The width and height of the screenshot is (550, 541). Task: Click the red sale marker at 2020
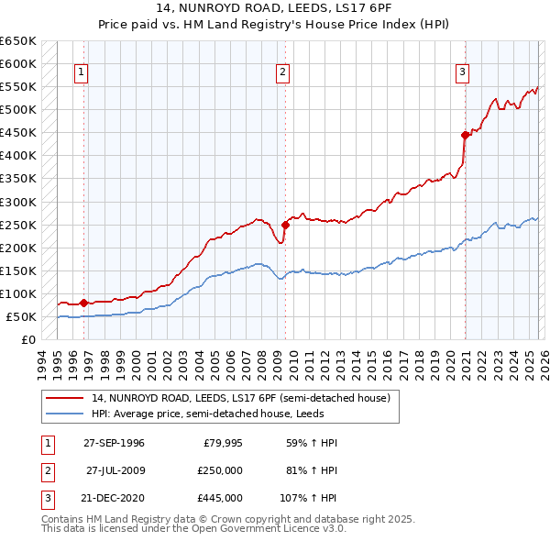click(x=466, y=135)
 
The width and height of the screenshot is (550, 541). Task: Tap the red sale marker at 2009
click(x=285, y=224)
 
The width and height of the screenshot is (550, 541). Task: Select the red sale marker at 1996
click(x=83, y=303)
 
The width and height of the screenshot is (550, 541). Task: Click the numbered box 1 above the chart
click(x=82, y=72)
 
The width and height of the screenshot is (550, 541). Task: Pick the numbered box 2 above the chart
click(x=283, y=72)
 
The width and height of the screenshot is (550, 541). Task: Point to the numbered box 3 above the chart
click(x=463, y=72)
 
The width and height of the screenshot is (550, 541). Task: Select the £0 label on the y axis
click(x=27, y=340)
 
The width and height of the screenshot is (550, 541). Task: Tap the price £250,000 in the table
click(x=220, y=470)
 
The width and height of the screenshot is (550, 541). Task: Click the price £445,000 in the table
click(x=220, y=498)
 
